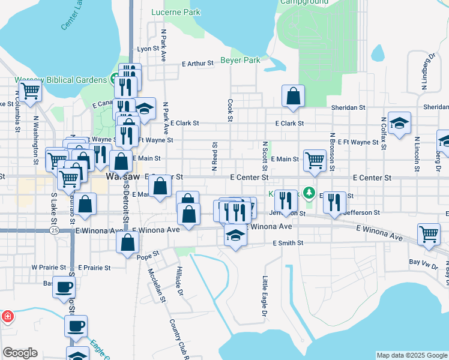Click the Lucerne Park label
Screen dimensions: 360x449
(x=176, y=12)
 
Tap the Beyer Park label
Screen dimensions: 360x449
(x=240, y=60)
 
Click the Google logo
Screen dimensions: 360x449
(x=20, y=353)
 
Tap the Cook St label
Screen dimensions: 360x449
(x=230, y=110)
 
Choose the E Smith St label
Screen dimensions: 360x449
(x=288, y=243)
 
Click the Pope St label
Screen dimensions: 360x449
(x=147, y=256)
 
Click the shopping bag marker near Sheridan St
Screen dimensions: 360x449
(x=293, y=96)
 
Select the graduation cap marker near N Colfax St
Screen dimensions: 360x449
(x=399, y=124)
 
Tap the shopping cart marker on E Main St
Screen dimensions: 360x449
(x=315, y=160)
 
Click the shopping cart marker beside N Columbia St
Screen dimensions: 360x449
(x=29, y=92)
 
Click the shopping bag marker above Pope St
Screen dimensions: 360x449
(x=127, y=242)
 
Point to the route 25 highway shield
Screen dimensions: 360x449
(x=55, y=230)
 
